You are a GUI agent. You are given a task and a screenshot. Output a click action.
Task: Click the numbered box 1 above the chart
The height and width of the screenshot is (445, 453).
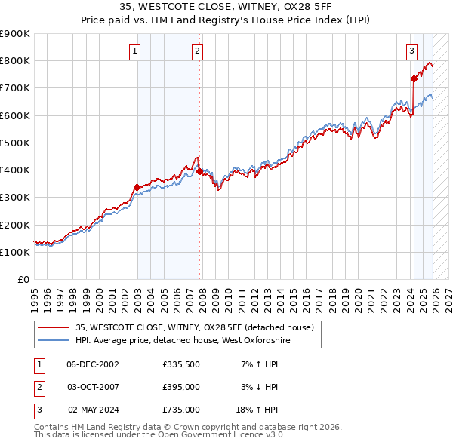point(134,51)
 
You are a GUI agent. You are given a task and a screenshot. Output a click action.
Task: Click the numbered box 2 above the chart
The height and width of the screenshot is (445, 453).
point(197,51)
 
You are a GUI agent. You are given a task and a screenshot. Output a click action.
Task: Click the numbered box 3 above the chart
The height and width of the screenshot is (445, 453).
point(411,51)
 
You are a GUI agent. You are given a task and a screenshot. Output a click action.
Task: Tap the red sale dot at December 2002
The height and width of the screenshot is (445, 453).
point(137,187)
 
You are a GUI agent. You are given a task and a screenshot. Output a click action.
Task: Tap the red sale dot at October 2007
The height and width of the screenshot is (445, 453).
point(199,171)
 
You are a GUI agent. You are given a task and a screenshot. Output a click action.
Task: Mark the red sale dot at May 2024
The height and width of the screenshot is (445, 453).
point(414,78)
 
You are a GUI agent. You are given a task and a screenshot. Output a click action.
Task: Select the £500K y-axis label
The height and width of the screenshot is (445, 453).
point(15,143)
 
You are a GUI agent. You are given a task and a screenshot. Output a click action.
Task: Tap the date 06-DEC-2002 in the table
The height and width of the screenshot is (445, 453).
point(92,365)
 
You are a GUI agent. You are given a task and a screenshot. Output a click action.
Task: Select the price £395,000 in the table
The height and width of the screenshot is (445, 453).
point(180,387)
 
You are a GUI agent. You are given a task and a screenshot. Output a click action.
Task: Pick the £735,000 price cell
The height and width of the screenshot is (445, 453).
point(180,410)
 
